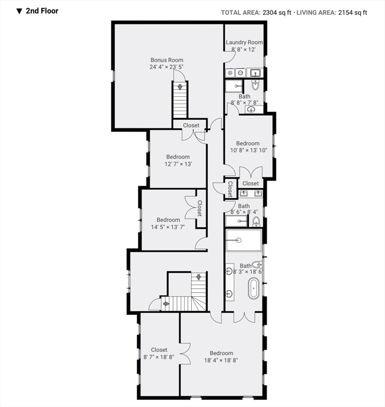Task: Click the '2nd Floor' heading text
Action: tap(42, 11)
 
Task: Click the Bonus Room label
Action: tap(166, 60)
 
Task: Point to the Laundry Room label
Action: tap(244, 42)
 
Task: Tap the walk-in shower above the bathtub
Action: tap(244, 240)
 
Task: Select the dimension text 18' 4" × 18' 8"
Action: tap(221, 360)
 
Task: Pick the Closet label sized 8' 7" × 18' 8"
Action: tap(159, 350)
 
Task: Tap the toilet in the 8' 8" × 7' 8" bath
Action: tap(255, 84)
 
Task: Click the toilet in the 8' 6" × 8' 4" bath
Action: tap(256, 220)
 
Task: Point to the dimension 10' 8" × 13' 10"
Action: tap(248, 151)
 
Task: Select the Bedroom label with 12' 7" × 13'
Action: tap(178, 157)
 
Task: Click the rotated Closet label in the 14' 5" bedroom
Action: tap(200, 208)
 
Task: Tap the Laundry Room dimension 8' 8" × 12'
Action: tap(244, 49)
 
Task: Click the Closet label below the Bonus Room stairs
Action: tap(191, 126)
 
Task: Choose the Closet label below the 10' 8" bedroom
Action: tap(250, 183)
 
